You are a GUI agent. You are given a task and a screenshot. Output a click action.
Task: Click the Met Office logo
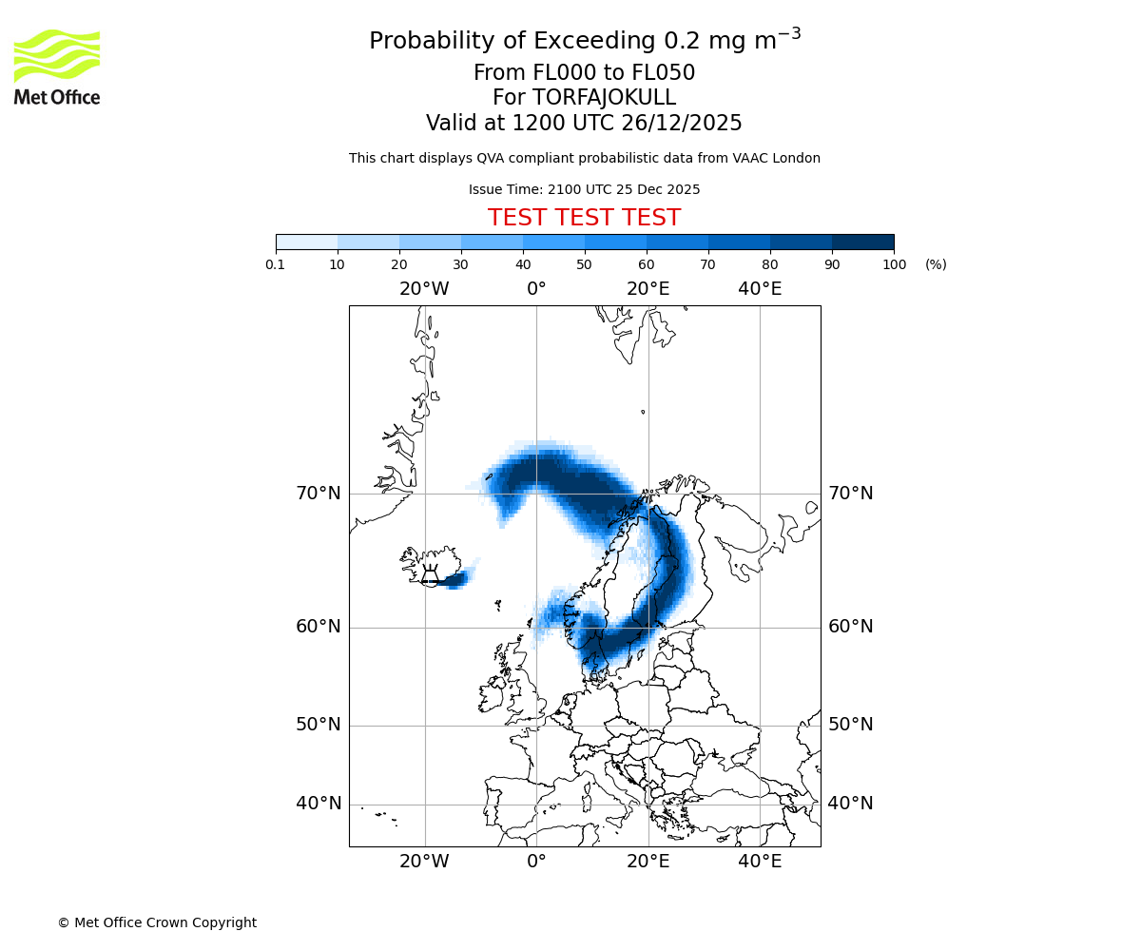[57, 67]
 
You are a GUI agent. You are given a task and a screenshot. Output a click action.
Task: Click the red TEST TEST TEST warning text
[584, 218]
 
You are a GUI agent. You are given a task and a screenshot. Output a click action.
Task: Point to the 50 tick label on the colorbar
[584, 264]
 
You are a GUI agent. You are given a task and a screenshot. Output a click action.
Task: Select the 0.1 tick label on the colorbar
[276, 264]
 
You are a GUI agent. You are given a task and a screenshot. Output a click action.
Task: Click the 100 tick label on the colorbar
[894, 264]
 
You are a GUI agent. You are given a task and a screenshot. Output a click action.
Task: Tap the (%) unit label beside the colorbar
[936, 264]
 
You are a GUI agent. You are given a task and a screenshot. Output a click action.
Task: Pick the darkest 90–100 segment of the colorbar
[862, 242]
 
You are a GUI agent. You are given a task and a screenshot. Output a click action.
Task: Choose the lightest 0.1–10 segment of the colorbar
[306, 242]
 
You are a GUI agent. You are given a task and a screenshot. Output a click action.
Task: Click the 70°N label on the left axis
[318, 494]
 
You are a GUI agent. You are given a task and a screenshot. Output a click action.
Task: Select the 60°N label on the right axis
[850, 627]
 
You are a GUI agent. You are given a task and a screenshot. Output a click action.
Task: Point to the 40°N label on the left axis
[318, 804]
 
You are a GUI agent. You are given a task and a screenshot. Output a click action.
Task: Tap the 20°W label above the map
[424, 289]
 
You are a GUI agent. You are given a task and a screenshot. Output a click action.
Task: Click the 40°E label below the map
[760, 862]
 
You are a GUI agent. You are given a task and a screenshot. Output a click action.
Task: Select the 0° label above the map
[536, 289]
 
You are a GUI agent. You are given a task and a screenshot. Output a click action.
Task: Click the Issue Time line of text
[584, 189]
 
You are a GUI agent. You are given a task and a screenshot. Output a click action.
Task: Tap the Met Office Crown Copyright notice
[157, 922]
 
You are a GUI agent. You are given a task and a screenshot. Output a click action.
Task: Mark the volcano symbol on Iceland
[430, 574]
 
